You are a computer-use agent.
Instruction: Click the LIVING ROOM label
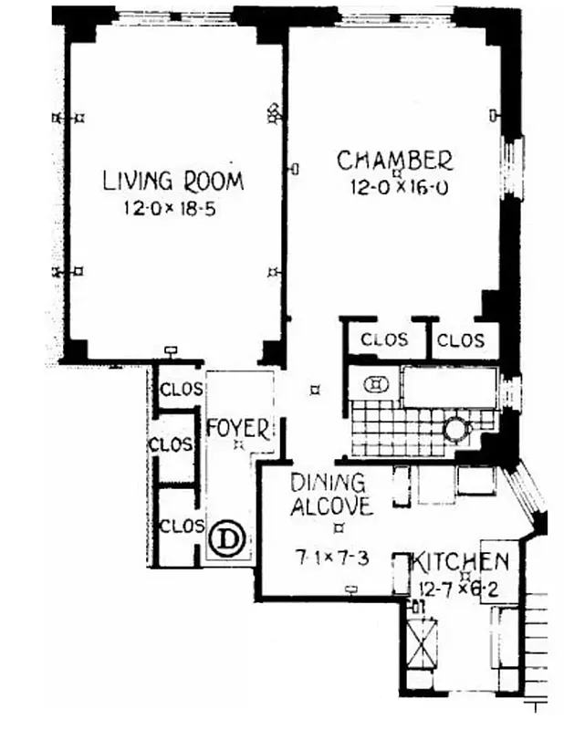[172, 180]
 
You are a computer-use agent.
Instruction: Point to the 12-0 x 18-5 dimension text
[172, 208]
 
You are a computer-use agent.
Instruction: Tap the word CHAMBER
[394, 161]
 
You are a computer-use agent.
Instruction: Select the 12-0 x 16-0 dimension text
[402, 188]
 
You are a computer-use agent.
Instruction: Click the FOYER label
[237, 427]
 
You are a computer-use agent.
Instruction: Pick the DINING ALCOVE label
[329, 494]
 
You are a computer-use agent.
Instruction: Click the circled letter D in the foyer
[227, 539]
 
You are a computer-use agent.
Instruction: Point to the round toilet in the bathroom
[454, 429]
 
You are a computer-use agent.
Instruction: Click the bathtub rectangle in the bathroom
[448, 388]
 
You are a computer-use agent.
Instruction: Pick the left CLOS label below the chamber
[384, 340]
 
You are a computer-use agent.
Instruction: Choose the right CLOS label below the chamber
[461, 340]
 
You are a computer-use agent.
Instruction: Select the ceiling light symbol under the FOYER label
[237, 444]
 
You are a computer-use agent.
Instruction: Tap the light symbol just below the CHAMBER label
[395, 172]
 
